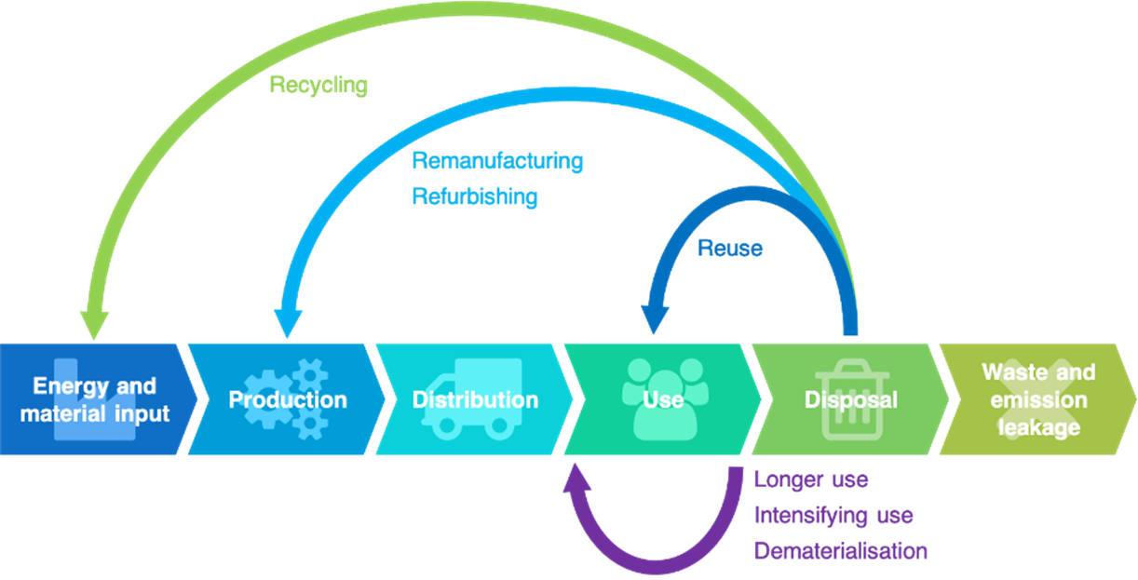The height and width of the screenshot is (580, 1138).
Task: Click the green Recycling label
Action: click(x=318, y=86)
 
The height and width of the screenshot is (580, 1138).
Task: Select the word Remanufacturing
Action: click(x=497, y=161)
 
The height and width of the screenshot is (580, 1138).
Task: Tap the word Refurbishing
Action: click(x=475, y=196)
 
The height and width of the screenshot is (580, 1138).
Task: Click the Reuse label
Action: click(x=730, y=248)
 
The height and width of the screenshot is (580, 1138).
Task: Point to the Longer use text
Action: click(x=810, y=480)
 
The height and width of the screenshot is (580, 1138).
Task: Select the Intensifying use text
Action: click(x=833, y=515)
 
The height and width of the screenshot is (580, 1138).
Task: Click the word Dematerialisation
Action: click(x=840, y=550)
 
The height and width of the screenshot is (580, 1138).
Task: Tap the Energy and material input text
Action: click(x=95, y=399)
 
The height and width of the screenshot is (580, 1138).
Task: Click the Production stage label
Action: click(x=288, y=400)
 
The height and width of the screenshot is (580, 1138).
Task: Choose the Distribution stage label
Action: click(x=475, y=400)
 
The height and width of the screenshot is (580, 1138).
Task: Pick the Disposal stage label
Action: click(x=850, y=400)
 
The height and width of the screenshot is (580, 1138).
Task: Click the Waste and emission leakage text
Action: click(x=1038, y=400)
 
